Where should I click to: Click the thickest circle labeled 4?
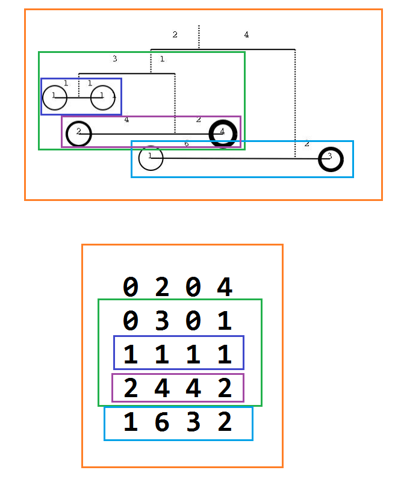tap(223, 133)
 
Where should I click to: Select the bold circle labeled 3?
tap(330, 159)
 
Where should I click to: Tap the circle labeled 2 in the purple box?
tap(79, 134)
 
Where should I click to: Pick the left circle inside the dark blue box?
tap(55, 97)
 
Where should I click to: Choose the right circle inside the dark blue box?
tap(103, 97)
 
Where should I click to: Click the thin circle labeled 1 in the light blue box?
tap(151, 158)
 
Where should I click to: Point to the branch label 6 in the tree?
tap(186, 144)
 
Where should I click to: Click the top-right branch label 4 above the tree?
tap(246, 35)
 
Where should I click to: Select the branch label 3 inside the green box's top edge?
tap(114, 58)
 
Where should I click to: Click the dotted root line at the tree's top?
tap(199, 36)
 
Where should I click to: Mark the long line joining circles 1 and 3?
tap(241, 158)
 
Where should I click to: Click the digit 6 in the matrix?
tap(162, 423)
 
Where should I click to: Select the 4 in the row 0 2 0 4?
tap(224, 287)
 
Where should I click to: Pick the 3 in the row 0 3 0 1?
tap(162, 320)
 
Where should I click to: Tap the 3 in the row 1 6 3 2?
tap(193, 423)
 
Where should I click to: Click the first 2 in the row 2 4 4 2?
tap(131, 389)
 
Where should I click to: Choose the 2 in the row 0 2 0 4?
tap(162, 287)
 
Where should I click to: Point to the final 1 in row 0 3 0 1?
tap(224, 320)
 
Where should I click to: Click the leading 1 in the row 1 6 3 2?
tap(131, 423)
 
